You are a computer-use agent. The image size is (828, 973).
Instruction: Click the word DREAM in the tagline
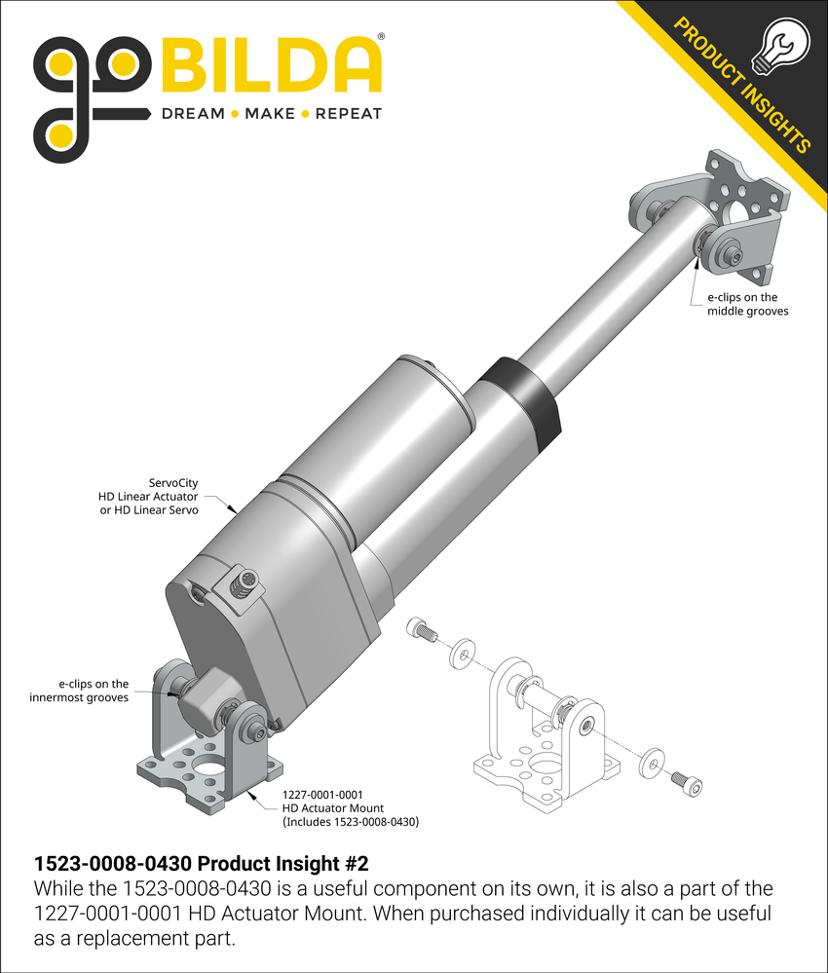193,114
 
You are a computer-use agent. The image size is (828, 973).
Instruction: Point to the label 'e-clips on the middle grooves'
742,304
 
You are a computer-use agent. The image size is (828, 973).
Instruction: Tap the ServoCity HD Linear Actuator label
150,497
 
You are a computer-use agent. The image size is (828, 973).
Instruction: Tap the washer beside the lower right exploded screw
651,762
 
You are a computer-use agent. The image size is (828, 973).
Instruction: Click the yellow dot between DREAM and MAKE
234,114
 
